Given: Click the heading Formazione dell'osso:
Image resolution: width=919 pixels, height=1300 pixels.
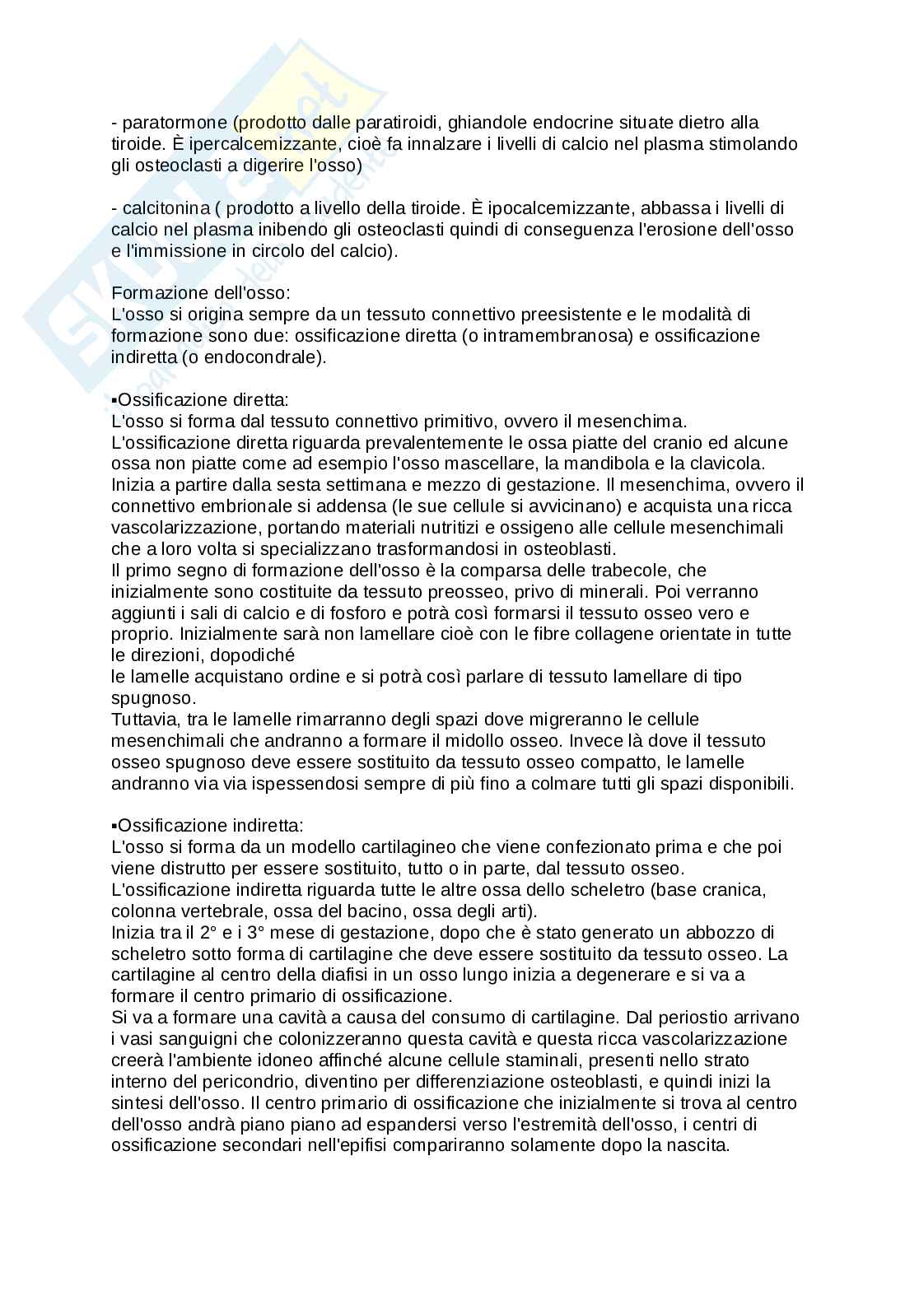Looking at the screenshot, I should click(x=200, y=293).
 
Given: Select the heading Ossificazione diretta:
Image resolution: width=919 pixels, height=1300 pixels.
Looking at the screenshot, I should click(x=203, y=400).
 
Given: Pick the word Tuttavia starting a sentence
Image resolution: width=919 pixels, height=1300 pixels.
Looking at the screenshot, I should click(x=142, y=720).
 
